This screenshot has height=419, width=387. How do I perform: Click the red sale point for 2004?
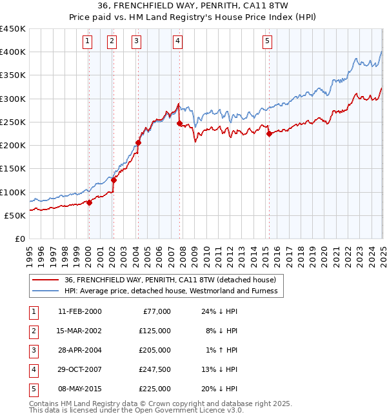138,143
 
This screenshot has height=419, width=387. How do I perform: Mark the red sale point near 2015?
268,133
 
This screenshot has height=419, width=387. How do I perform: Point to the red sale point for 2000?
89,203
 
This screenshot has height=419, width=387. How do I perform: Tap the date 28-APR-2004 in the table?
79,350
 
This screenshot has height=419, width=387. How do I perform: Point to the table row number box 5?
32,389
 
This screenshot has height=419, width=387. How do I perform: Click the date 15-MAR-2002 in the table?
79,331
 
